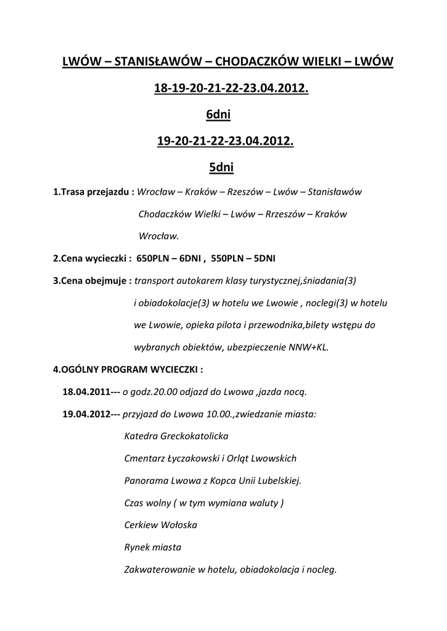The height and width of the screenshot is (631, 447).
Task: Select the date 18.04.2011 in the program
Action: coord(85,391)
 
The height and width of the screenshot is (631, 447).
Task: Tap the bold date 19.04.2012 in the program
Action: coord(85,414)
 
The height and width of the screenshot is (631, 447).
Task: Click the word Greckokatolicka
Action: coord(194,436)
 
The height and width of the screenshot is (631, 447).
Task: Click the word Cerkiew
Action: coord(141,525)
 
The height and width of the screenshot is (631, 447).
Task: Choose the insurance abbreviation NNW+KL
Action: coord(308,348)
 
